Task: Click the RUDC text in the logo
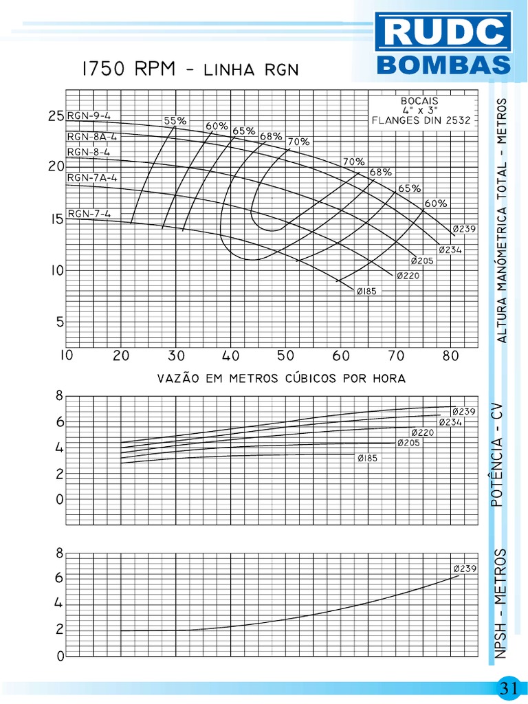[443, 33]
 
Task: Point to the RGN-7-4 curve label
[89, 213]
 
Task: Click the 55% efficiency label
[175, 120]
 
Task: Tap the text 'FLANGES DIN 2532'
[421, 120]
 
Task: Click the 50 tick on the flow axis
[286, 356]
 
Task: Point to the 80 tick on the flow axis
[451, 356]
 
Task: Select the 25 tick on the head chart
[56, 116]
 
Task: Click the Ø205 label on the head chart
[421, 261]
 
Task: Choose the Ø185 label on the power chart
[367, 459]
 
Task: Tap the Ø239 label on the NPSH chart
[465, 569]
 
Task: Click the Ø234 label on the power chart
[450, 422]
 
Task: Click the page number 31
[509, 687]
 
